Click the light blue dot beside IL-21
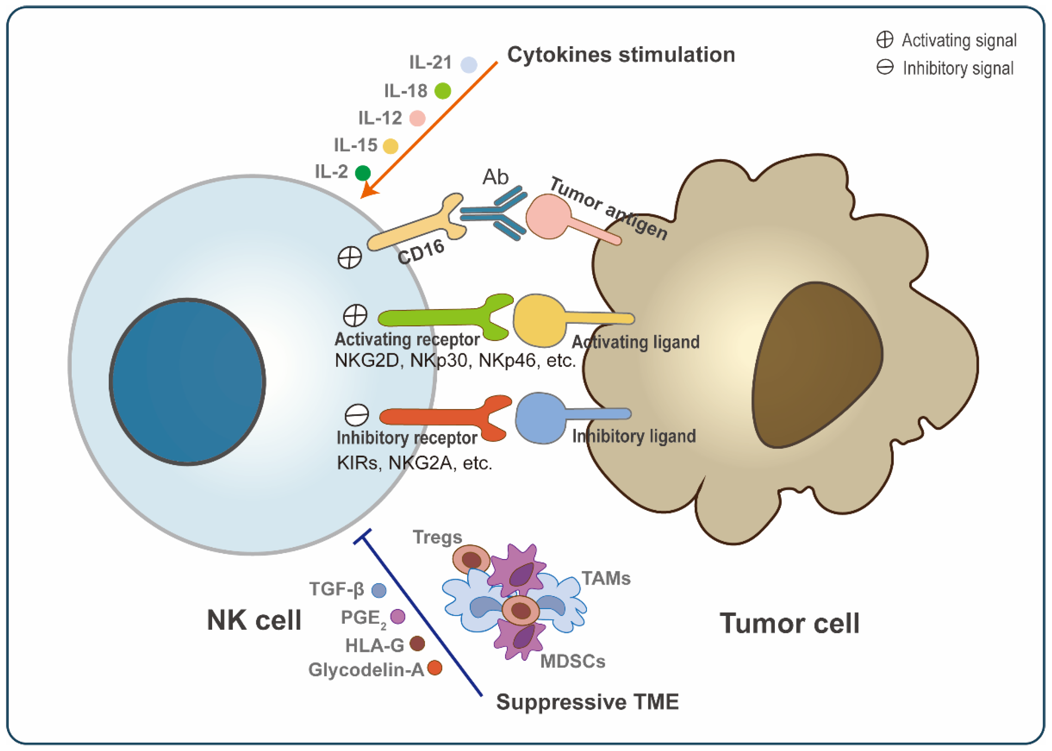(469, 65)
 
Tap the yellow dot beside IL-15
(391, 146)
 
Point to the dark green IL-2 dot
(363, 173)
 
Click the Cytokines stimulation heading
(621, 55)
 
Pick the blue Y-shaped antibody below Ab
(497, 213)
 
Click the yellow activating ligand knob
(539, 320)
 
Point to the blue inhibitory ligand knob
(540, 418)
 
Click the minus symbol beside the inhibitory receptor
(357, 415)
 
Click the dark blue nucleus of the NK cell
(187, 382)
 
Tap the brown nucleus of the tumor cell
(816, 365)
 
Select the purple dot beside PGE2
(398, 616)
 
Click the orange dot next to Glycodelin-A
(435, 668)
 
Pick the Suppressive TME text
(587, 701)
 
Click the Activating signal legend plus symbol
(885, 40)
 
